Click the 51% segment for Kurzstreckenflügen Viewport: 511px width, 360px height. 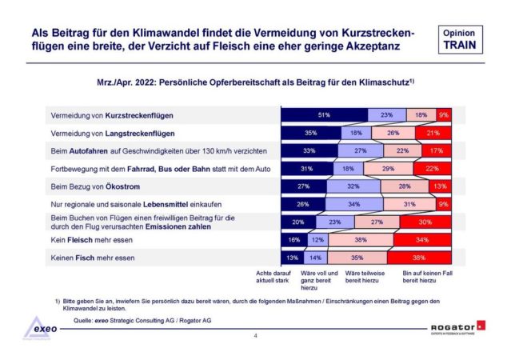click(x=323, y=114)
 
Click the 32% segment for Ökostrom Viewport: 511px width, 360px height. click(x=353, y=186)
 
